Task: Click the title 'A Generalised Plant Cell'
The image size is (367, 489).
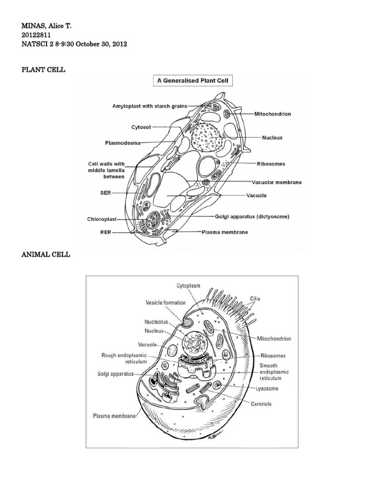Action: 192,81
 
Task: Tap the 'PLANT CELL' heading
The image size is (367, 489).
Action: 43,70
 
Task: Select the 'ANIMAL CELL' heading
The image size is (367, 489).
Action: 45,255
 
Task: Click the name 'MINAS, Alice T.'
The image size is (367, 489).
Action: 48,25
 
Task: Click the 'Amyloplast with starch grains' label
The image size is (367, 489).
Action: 149,106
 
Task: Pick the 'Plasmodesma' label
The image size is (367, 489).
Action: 122,142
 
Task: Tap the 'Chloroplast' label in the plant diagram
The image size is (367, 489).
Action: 102,219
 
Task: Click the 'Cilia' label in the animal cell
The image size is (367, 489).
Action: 255,298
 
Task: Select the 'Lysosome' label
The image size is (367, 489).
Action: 267,388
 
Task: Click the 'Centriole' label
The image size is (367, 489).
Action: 261,404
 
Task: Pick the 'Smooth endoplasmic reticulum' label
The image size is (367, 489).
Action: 274,372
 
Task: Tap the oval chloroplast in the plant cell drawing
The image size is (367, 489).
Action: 154,220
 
